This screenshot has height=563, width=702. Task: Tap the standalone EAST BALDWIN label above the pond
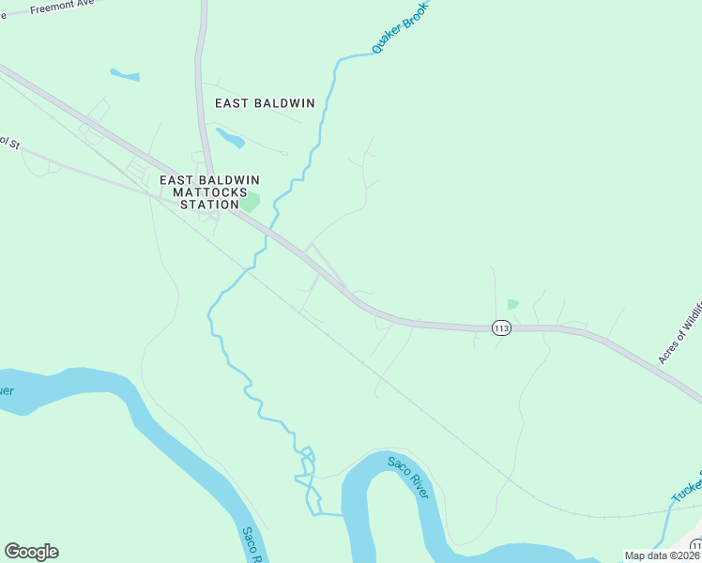(265, 103)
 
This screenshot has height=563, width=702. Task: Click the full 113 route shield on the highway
(501, 327)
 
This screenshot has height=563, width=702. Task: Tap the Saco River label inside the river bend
(407, 477)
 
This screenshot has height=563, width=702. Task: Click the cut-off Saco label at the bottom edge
(251, 543)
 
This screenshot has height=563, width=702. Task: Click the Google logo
(31, 552)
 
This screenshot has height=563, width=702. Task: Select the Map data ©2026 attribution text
(662, 555)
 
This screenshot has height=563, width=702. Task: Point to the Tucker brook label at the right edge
(686, 488)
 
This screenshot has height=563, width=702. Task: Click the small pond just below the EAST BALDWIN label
(230, 138)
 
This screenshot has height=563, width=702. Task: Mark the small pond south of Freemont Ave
(124, 74)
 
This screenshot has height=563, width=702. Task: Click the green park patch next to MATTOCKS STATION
(250, 201)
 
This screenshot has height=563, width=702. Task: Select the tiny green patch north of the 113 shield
(512, 304)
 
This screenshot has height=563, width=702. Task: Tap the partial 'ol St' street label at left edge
(9, 143)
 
